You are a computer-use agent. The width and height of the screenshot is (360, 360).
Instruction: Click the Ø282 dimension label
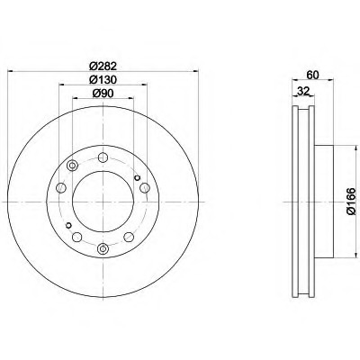pyautogui.click(x=103, y=66)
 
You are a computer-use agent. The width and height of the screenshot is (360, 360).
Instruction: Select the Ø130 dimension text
pyautogui.click(x=103, y=79)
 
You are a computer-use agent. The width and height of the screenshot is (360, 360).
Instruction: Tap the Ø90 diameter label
pyautogui.click(x=103, y=94)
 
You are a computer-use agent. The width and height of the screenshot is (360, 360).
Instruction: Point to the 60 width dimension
pyautogui.click(x=312, y=75)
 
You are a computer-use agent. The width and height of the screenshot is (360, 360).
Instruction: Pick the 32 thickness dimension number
pyautogui.click(x=303, y=91)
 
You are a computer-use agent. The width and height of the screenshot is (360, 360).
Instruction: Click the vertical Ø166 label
pyautogui.click(x=351, y=202)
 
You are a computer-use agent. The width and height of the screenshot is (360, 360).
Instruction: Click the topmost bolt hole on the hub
pyautogui.click(x=103, y=157)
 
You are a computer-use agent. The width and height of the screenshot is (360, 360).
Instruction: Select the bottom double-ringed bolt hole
pyautogui.click(x=103, y=248)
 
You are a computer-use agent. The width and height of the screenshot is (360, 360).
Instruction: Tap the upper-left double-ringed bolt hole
pyautogui.click(x=72, y=166)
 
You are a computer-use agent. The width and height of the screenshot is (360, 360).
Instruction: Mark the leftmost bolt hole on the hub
pyautogui.click(x=61, y=188)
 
